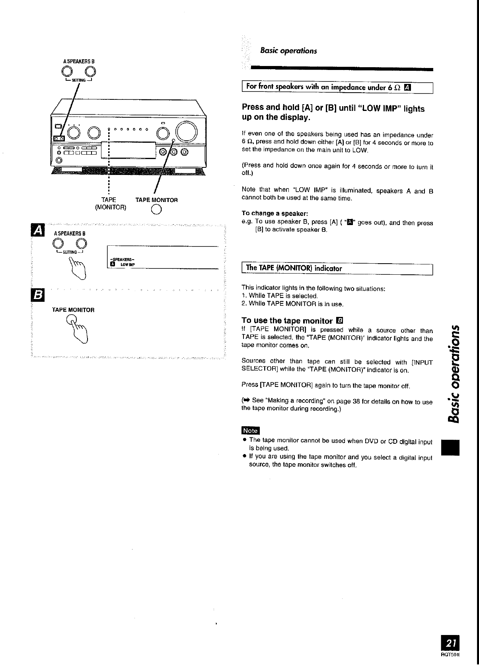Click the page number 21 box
(x=451, y=643)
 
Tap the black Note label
(x=250, y=431)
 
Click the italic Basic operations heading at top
(x=288, y=51)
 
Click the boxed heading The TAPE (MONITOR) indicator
(x=294, y=268)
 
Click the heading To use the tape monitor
(x=287, y=320)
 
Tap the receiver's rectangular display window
(x=132, y=150)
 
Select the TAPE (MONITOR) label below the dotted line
(x=109, y=203)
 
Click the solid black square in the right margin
(x=451, y=447)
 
